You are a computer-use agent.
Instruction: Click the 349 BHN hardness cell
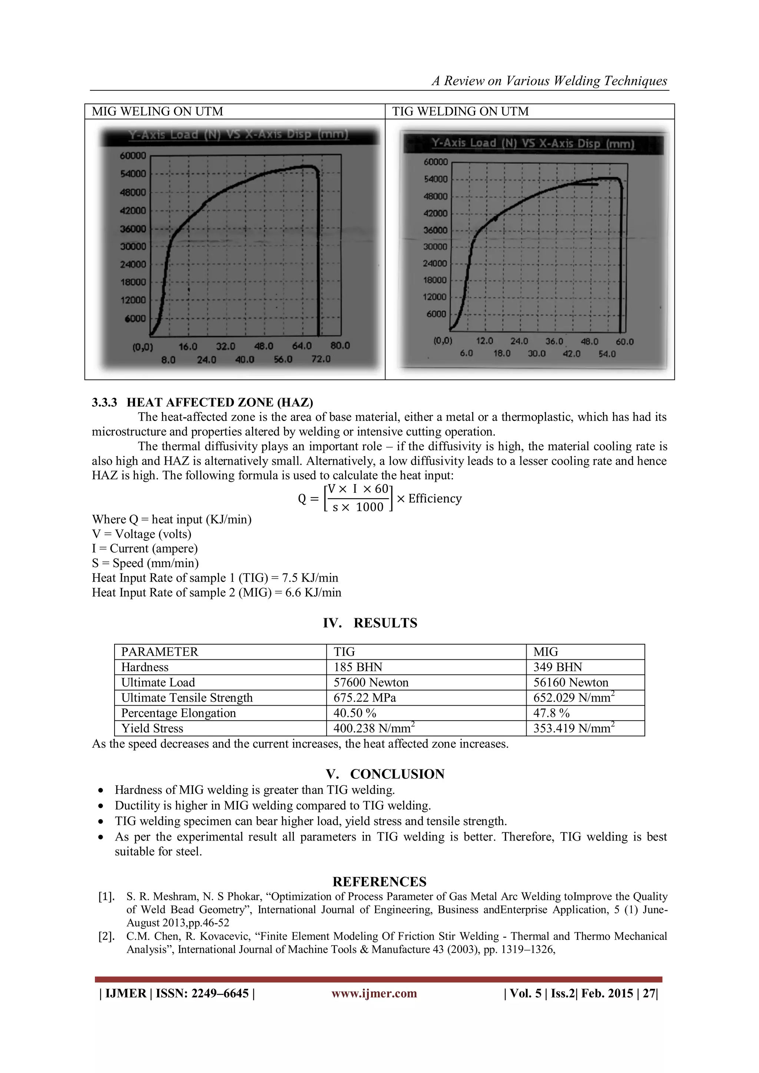tap(557, 667)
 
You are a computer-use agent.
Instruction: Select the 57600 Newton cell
tap(371, 682)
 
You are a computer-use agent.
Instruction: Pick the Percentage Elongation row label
tap(179, 713)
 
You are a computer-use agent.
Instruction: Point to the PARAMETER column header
tap(159, 652)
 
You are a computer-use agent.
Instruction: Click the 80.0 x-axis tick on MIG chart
tap(340, 346)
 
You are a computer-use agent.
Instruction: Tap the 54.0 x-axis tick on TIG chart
tap(607, 354)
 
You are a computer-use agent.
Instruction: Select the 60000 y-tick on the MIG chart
tap(133, 156)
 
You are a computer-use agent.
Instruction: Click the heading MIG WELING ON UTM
tap(158, 112)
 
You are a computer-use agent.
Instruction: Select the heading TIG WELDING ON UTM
tap(460, 112)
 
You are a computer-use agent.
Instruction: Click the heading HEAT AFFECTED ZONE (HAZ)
tap(220, 403)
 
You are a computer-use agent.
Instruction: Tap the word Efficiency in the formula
tap(435, 499)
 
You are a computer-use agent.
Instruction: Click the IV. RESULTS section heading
tap(370, 623)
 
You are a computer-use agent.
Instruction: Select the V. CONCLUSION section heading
tap(385, 774)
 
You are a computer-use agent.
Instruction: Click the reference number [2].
tap(106, 936)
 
